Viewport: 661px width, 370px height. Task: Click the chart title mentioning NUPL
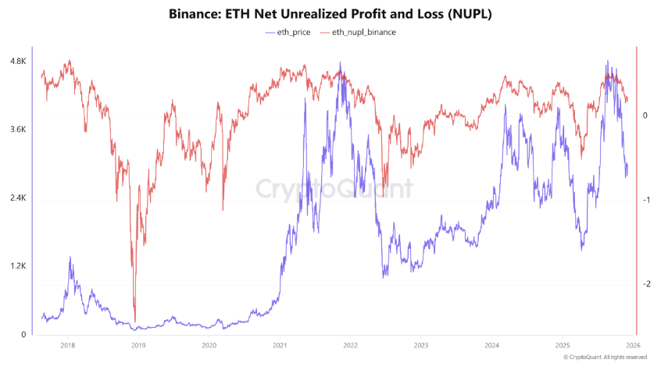click(330, 14)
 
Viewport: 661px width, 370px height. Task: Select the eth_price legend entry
click(287, 32)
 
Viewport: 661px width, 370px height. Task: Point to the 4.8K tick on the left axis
click(16, 61)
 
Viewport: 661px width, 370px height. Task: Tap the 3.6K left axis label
click(16, 130)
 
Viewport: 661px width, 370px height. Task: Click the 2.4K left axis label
click(16, 198)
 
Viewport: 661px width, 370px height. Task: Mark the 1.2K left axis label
click(16, 266)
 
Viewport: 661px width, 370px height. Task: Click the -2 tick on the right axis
click(645, 284)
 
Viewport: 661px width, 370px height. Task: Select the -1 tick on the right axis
click(645, 200)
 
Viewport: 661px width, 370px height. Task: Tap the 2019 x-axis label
click(138, 344)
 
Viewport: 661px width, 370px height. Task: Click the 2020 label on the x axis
click(209, 344)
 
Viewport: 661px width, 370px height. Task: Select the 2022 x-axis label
click(350, 344)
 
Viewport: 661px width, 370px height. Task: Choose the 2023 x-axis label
click(421, 344)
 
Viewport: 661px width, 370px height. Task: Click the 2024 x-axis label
click(491, 344)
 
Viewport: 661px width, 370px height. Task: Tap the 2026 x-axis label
click(633, 344)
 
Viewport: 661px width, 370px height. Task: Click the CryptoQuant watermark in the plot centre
click(335, 190)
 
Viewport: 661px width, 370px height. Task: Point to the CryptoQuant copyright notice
click(605, 357)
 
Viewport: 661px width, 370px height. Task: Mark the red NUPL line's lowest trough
click(135, 320)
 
